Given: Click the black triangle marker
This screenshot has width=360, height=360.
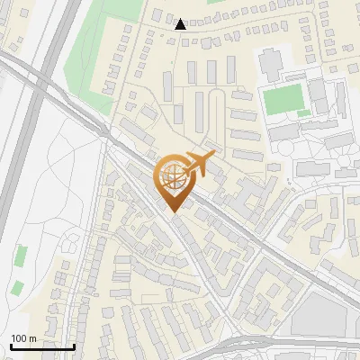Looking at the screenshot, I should point(181,24).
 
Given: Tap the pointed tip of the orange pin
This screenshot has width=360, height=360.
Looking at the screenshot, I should point(174,211).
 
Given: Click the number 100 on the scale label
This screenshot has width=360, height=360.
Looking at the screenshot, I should point(19,338).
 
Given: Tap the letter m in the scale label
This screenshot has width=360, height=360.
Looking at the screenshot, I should point(32,338).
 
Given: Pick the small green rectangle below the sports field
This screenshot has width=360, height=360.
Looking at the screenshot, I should point(304,114).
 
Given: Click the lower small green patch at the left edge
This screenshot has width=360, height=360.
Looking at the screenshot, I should point(18,289).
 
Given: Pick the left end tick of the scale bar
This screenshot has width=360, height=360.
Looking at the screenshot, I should point(11,346).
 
